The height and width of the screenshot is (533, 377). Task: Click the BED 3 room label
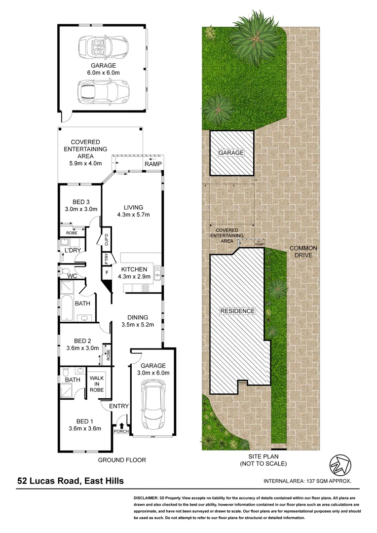coord(81,201)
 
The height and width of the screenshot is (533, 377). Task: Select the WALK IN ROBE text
coord(96,383)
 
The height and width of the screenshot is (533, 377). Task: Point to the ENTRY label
coord(119,406)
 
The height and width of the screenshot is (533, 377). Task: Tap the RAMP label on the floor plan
coord(150,164)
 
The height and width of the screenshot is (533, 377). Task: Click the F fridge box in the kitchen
coord(106,272)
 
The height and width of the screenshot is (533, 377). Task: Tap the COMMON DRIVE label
coord(303,252)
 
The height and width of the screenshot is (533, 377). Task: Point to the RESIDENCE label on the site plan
coord(237,311)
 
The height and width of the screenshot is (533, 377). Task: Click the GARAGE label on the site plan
coord(231,153)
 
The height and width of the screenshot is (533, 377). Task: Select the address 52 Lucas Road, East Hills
coord(71,481)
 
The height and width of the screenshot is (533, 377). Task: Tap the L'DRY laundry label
coord(73,251)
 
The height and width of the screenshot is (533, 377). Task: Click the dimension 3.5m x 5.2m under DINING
coord(139,325)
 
